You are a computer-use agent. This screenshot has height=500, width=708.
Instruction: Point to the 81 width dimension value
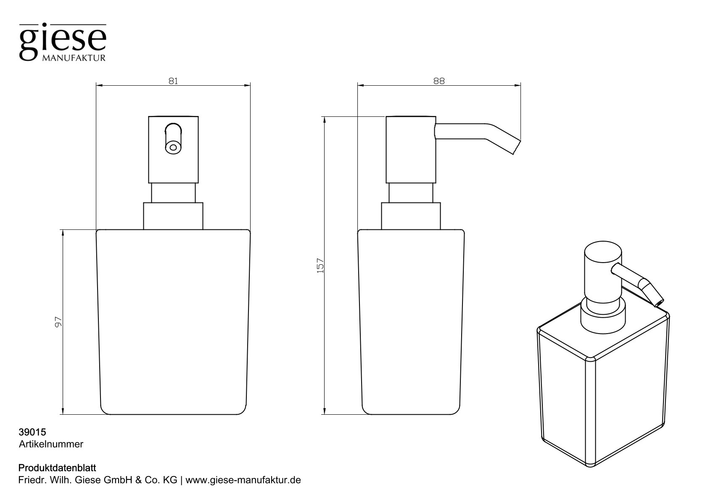(x=173, y=81)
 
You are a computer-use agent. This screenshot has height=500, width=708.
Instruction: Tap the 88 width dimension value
(x=439, y=81)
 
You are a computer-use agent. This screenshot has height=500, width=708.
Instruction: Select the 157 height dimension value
(x=320, y=266)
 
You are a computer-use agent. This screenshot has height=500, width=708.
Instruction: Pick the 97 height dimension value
(x=58, y=322)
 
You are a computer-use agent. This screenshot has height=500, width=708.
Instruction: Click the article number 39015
(x=32, y=432)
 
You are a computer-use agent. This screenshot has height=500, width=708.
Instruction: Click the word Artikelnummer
(x=51, y=444)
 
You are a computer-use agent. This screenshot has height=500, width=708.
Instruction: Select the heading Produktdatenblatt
(x=58, y=468)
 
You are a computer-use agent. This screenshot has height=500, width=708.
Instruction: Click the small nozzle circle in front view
(x=172, y=147)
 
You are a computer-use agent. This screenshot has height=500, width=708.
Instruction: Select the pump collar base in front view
(x=173, y=216)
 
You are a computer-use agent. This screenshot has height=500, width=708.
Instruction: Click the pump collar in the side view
(x=410, y=216)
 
